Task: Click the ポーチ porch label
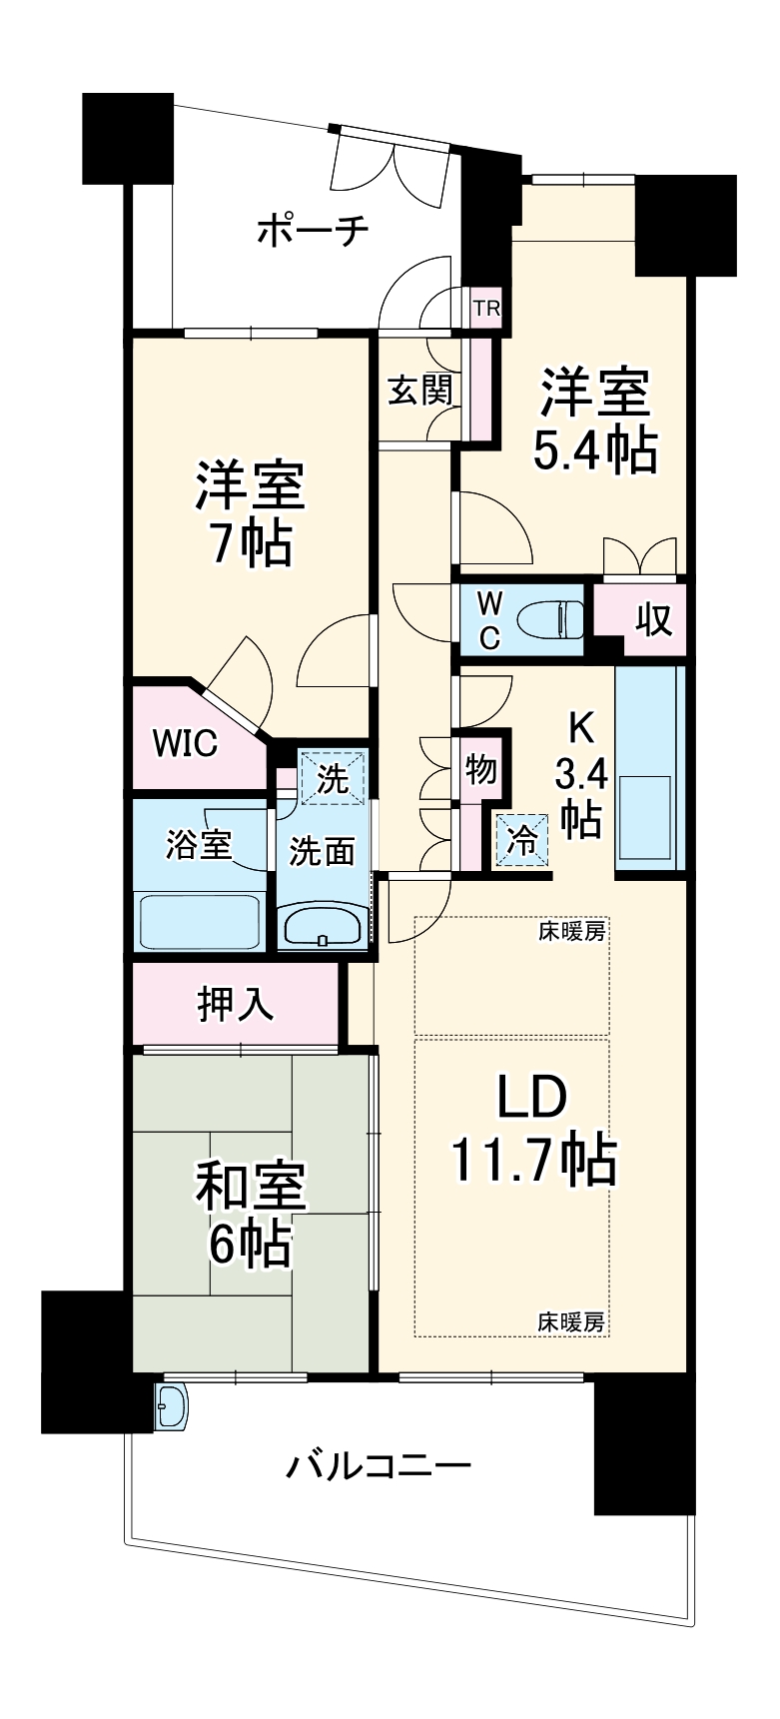[313, 231]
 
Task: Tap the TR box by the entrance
[486, 309]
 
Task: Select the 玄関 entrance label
[419, 390]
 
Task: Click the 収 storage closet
[654, 620]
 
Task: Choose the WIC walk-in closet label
[185, 744]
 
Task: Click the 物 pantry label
[480, 770]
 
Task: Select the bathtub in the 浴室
[200, 922]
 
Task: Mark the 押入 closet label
[236, 1004]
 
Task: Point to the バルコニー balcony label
[379, 1466]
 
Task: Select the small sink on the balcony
[172, 1408]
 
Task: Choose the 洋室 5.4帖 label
[595, 421]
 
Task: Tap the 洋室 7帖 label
[250, 512]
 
